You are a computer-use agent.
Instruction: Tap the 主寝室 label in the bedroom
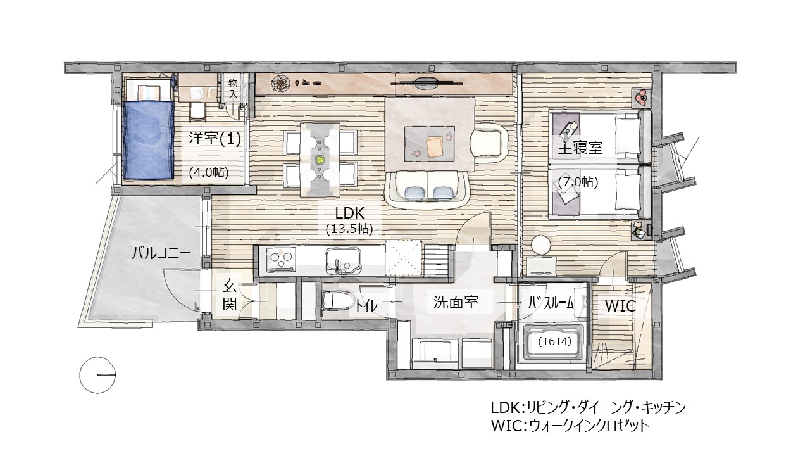[580, 148]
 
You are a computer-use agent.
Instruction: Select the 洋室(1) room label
[215, 139]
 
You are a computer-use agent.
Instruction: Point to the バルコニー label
[161, 253]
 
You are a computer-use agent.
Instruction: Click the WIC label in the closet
[620, 306]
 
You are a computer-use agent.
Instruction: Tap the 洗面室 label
[456, 303]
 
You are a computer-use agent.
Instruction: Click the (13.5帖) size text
[349, 229]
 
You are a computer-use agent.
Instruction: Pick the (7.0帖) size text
[578, 182]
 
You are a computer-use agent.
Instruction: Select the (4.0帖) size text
[209, 172]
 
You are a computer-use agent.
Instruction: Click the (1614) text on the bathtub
[555, 341]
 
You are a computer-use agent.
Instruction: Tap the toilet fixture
[333, 300]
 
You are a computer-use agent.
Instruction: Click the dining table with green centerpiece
[320, 158]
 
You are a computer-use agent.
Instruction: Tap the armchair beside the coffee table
[489, 141]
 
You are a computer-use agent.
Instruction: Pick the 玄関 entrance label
[230, 295]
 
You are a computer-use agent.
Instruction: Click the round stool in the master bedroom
[542, 244]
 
